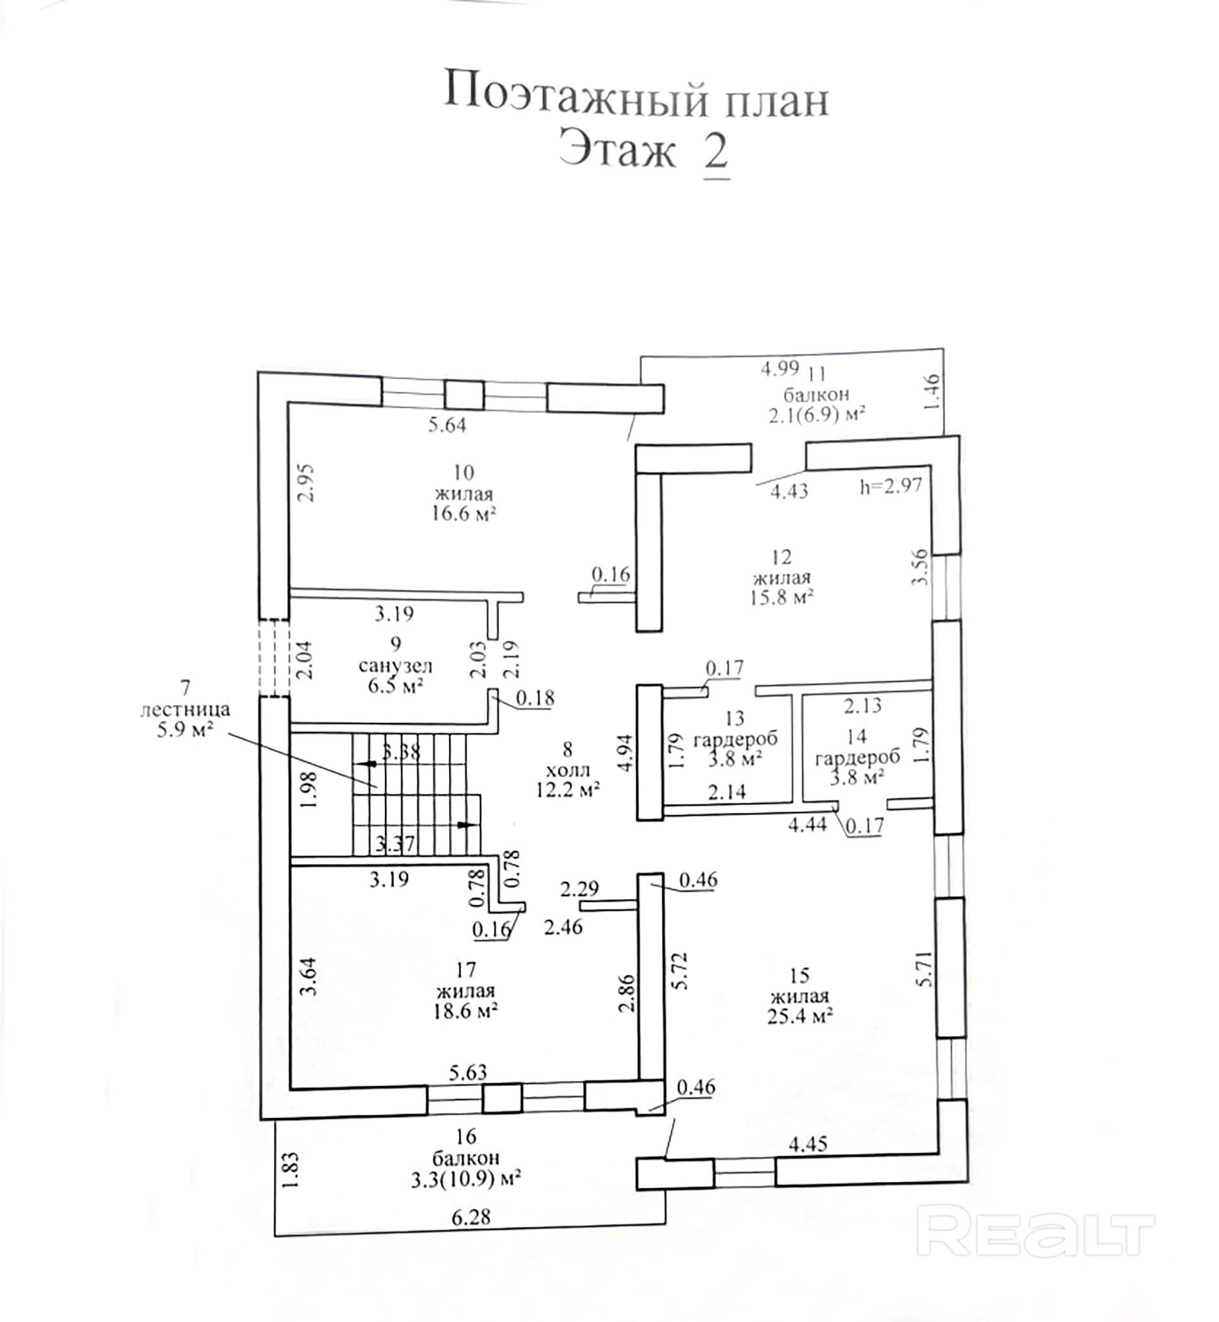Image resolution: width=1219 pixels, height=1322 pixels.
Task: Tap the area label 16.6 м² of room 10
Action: point(464,514)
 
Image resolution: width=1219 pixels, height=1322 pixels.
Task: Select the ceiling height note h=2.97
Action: point(891,487)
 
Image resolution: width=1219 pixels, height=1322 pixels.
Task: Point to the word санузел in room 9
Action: point(395,666)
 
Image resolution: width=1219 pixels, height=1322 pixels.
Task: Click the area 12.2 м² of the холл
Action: point(567,789)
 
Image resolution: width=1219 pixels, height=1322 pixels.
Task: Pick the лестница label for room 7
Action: point(185,709)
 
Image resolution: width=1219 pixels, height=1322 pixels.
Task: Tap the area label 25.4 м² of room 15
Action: point(799,1016)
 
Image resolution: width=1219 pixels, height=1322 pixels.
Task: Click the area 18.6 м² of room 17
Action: point(465,1011)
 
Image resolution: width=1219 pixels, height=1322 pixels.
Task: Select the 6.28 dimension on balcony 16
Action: point(471,1217)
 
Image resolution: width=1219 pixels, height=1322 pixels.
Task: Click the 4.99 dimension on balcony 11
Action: point(780,368)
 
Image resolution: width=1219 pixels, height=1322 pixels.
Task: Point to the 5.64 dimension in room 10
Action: point(447,425)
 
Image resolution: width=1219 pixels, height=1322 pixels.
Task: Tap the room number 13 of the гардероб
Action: point(734,718)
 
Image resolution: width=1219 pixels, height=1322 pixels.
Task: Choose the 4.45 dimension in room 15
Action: point(808,1144)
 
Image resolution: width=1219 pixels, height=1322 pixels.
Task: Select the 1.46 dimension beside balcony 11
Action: point(932,392)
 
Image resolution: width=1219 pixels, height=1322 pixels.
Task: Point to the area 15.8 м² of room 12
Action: point(781,597)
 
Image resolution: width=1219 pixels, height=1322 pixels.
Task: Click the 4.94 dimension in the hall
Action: point(627,752)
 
